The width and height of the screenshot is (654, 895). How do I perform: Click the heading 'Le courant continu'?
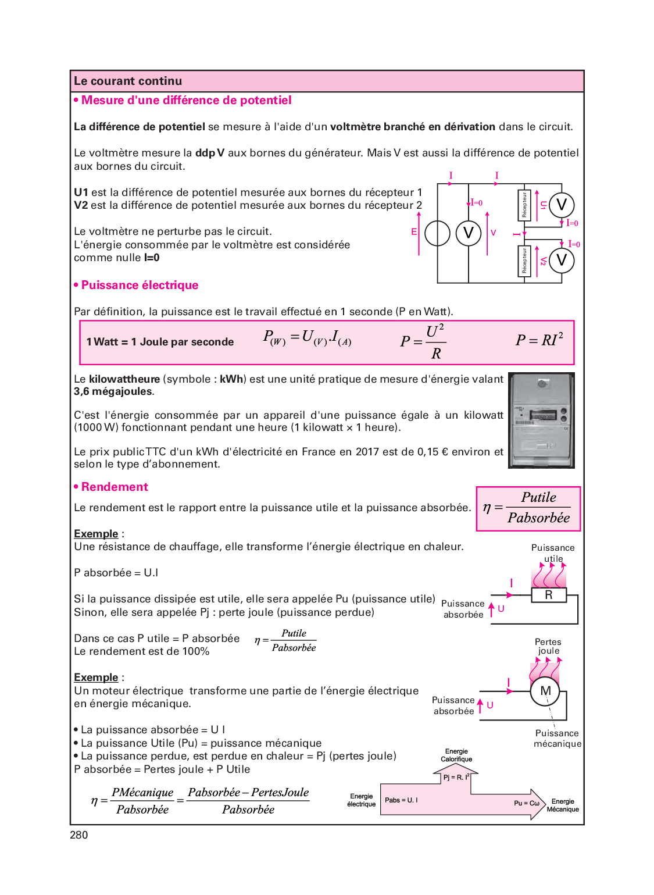pos(128,81)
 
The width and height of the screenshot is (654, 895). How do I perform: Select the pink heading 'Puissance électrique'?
pos(140,286)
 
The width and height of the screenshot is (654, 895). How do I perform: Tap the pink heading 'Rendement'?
pos(115,487)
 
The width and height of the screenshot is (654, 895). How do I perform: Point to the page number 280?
pos(79,835)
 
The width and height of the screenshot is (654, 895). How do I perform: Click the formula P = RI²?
pos(539,340)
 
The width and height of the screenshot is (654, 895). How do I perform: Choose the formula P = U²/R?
pos(423,342)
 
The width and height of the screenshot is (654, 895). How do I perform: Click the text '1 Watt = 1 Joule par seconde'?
pos(160,342)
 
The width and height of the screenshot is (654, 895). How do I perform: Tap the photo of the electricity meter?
pos(541,420)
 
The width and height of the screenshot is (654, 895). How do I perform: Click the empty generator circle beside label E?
pos(437,234)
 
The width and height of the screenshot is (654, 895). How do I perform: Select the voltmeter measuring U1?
pos(562,205)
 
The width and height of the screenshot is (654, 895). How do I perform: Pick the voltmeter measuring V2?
pos(562,260)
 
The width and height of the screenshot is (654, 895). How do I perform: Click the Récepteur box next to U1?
pos(524,205)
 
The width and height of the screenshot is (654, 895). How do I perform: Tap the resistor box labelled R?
pos(548,596)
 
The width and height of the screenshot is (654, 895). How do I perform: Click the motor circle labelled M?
pos(545,691)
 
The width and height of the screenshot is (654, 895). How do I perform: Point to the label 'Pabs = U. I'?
pos(401,800)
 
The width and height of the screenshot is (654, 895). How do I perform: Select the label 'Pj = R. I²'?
pos(456,777)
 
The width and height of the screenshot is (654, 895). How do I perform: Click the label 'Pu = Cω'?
pos(526,803)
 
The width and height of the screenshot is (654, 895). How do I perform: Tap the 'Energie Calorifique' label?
pos(456,755)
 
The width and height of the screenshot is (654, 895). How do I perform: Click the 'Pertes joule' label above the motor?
pos(548,646)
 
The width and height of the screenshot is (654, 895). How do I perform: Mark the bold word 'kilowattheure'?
pos(124,379)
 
